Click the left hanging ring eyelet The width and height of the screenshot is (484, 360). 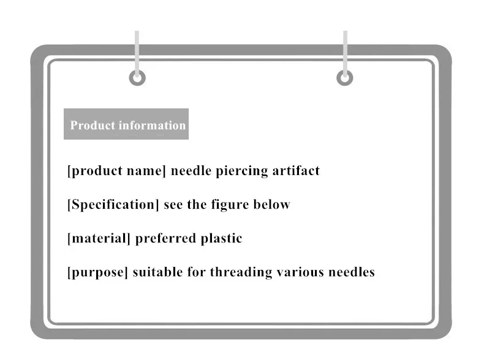[137, 78]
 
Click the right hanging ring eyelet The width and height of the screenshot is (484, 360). [345, 78]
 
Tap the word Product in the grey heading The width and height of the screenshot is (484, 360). [93, 126]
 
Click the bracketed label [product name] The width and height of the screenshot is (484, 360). [116, 171]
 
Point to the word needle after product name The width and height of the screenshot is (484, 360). [191, 171]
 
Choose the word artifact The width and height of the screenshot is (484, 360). [297, 171]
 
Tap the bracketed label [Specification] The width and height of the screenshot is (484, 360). [113, 204]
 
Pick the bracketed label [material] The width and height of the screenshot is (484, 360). [99, 238]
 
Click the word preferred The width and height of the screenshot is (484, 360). [165, 238]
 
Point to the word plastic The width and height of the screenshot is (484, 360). [222, 238]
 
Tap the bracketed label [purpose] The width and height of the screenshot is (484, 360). [97, 272]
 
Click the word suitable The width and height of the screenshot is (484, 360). [156, 272]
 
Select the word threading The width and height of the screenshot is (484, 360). [239, 272]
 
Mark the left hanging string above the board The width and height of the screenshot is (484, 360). [137, 49]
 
